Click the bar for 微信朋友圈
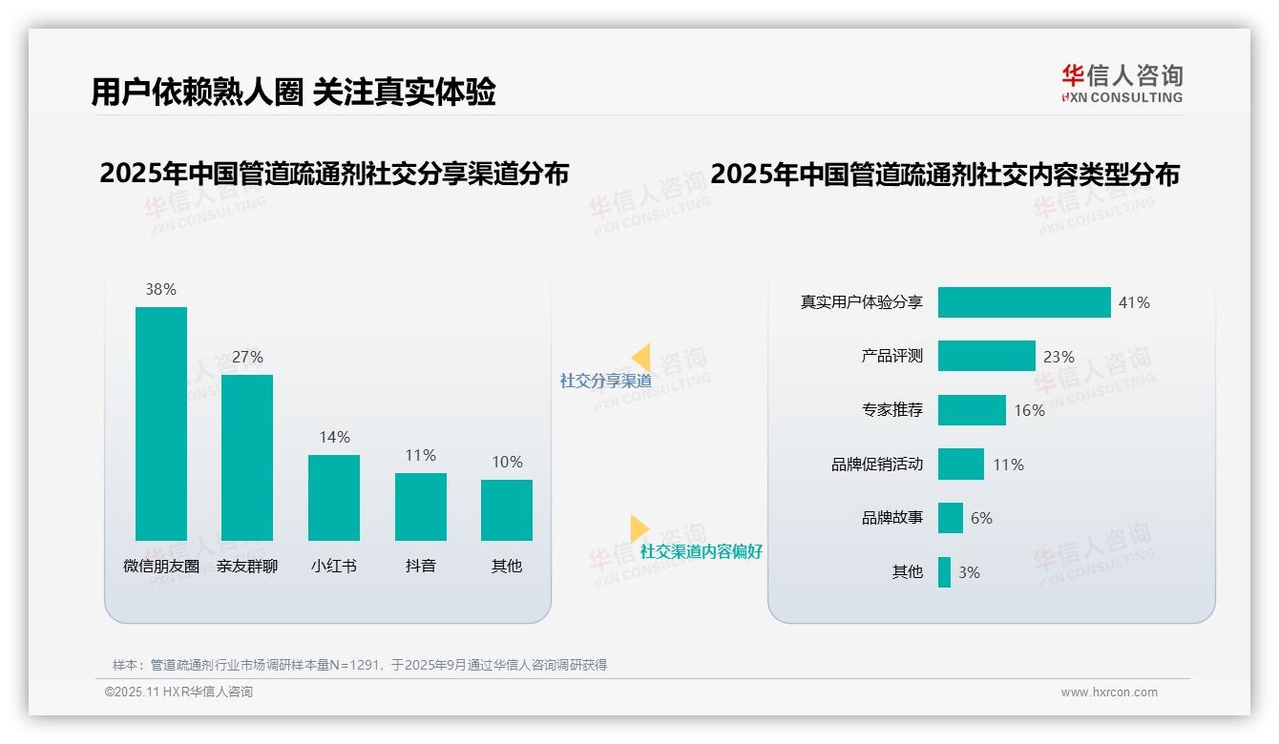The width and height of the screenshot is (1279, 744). click(x=161, y=424)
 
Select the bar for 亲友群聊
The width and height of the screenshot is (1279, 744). click(x=247, y=457)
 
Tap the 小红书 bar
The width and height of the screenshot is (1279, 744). click(x=334, y=497)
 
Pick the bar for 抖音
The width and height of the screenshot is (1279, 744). click(x=421, y=506)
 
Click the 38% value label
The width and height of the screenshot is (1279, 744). click(x=161, y=289)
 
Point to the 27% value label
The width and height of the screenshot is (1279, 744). click(x=247, y=357)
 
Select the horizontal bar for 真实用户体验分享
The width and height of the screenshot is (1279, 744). click(x=1024, y=302)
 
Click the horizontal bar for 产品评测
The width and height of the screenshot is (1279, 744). click(x=986, y=356)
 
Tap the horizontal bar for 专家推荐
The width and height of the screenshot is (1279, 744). click(x=972, y=410)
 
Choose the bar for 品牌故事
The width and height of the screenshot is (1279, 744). click(x=951, y=518)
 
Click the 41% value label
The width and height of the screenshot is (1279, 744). click(x=1134, y=302)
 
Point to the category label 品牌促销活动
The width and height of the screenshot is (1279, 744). click(x=877, y=465)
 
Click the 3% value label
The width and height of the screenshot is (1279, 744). click(x=969, y=572)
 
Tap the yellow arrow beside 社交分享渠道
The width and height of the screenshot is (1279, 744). click(x=641, y=358)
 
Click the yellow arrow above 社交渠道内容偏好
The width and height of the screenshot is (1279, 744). click(x=639, y=528)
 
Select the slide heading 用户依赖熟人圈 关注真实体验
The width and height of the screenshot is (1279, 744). click(x=293, y=92)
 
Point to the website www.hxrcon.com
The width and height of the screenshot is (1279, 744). click(x=1109, y=692)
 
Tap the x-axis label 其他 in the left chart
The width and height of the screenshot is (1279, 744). click(x=507, y=566)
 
